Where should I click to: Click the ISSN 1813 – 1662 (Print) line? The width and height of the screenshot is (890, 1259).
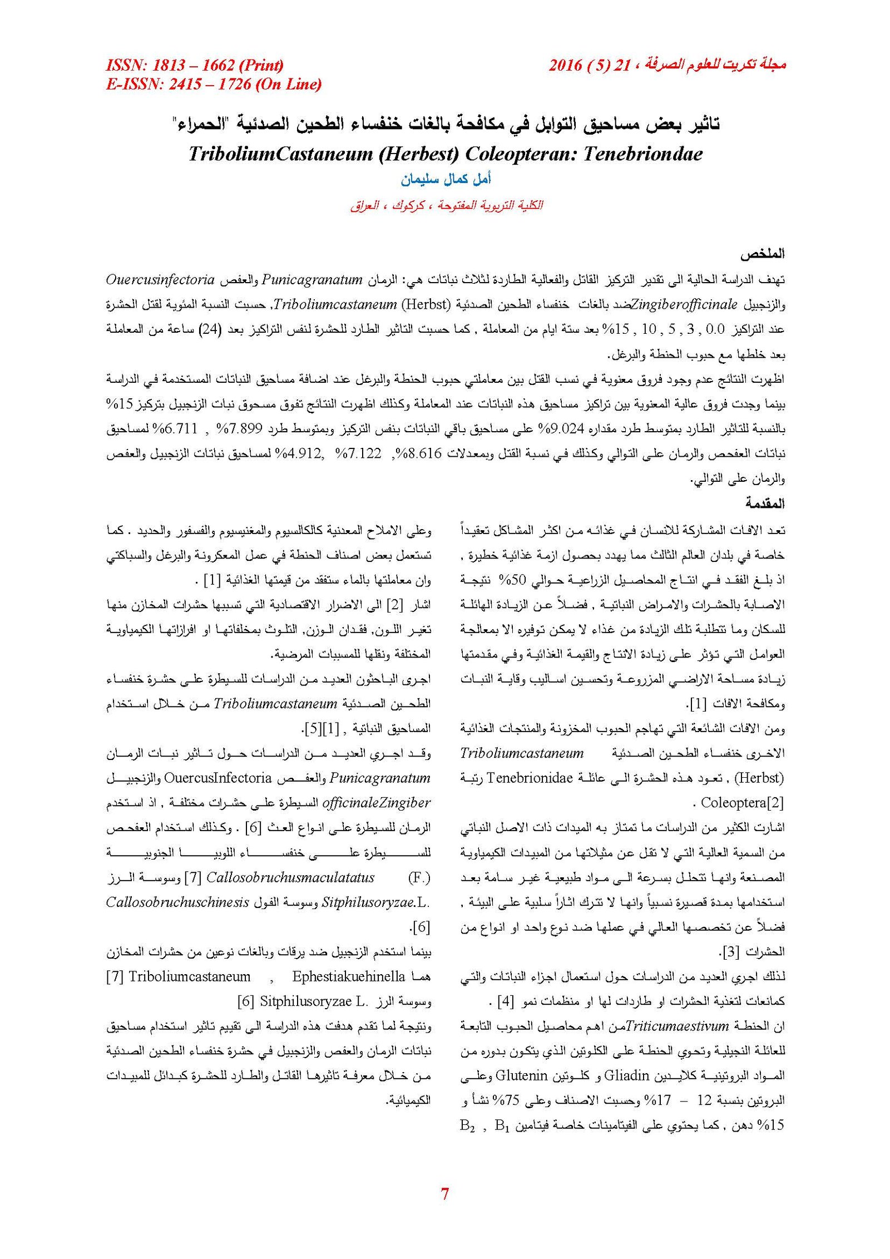(195, 66)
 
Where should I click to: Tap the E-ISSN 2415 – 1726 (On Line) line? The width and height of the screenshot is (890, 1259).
(214, 84)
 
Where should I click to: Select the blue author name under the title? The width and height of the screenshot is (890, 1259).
(446, 180)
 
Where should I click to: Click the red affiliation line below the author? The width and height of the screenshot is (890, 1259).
(446, 205)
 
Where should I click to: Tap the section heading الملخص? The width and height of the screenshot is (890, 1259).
(762, 254)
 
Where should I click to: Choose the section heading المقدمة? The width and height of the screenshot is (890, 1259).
(765, 503)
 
